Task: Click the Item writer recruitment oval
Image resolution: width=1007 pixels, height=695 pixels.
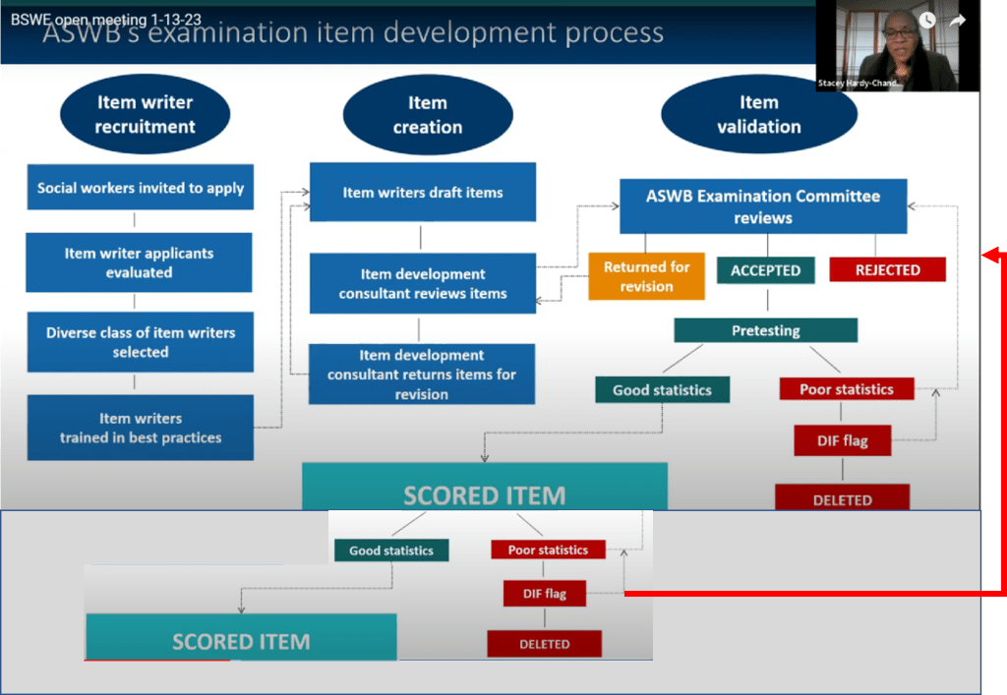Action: (x=145, y=114)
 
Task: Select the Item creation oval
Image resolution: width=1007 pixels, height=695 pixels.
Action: (x=427, y=115)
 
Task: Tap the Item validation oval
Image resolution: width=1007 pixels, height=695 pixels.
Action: (x=758, y=114)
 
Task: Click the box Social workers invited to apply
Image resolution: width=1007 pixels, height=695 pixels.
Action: (x=141, y=188)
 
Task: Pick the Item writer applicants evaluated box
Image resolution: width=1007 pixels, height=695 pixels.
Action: (x=139, y=262)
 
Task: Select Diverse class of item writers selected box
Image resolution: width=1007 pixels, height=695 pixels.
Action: (x=141, y=342)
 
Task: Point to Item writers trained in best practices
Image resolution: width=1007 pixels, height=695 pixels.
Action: (x=141, y=428)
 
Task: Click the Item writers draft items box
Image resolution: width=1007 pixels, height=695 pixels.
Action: (x=423, y=193)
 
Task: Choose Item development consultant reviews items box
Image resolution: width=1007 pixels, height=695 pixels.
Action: (x=423, y=283)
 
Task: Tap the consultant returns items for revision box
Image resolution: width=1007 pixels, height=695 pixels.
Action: (x=422, y=375)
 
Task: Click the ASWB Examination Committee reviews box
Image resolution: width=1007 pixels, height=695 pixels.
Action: (x=762, y=206)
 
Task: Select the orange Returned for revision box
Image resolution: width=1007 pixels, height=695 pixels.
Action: (x=646, y=276)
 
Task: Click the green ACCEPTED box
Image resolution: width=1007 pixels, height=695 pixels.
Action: (x=765, y=270)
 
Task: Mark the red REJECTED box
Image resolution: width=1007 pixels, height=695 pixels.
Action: (x=887, y=269)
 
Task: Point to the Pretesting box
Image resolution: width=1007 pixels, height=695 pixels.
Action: (x=765, y=330)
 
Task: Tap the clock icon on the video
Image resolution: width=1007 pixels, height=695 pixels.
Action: (x=926, y=20)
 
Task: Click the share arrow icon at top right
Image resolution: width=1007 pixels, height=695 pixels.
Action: (x=958, y=20)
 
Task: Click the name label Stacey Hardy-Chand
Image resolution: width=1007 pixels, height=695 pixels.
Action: (x=859, y=84)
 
